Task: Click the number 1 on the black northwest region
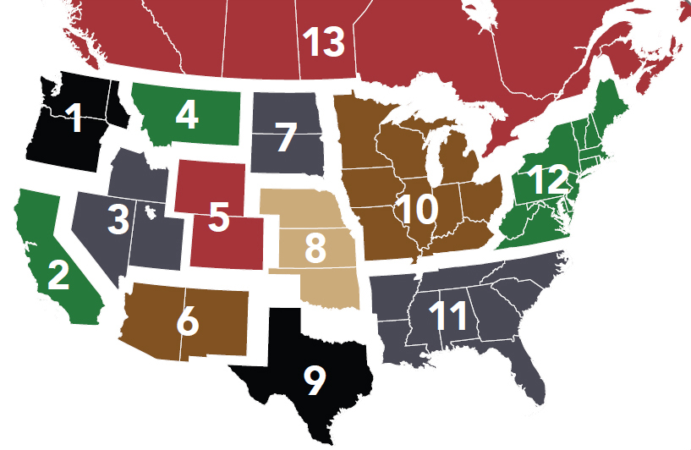[x=75, y=118]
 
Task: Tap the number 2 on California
[x=58, y=275]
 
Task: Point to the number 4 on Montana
[x=187, y=114]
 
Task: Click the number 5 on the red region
[x=219, y=217]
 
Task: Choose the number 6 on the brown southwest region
[x=188, y=321]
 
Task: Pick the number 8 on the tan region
[x=315, y=248]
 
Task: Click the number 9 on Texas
[x=314, y=381]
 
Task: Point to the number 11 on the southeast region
[x=448, y=316]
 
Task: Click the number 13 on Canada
[x=324, y=42]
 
